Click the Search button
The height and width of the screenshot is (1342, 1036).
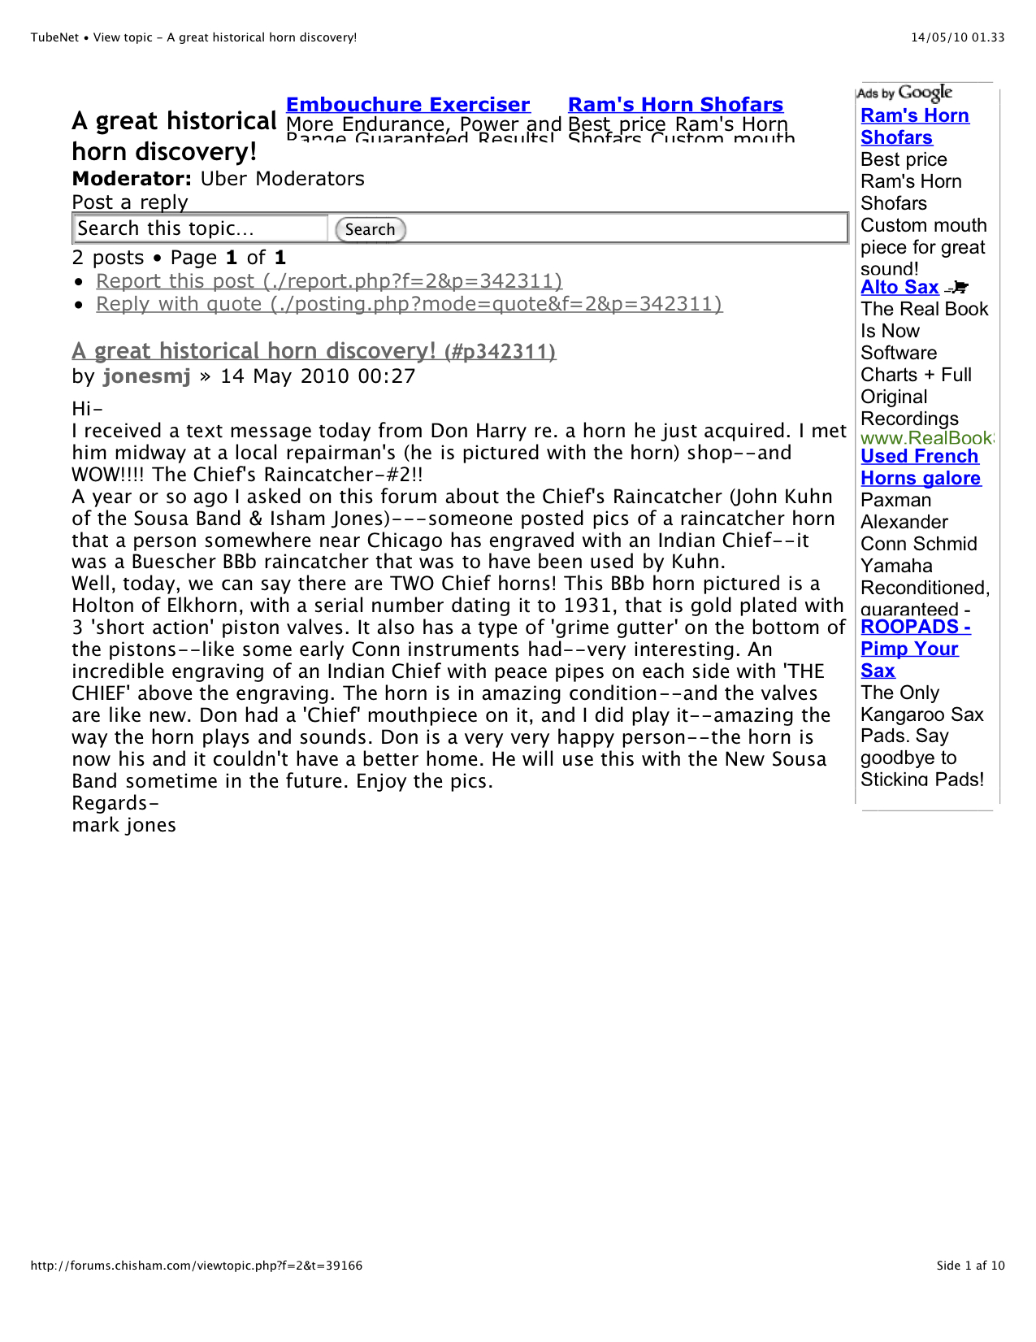370,230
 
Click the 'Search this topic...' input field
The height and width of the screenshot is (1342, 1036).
201,229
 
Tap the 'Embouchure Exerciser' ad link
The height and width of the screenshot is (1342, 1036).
408,105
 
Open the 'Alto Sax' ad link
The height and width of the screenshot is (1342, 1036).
899,288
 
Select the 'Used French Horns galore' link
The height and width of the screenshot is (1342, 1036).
920,467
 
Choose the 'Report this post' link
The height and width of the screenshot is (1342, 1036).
328,281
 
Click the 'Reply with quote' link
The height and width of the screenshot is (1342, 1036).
408,304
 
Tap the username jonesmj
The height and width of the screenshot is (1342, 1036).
146,376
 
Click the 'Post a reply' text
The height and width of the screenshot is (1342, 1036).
130,202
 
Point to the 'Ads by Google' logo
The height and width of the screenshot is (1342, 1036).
904,93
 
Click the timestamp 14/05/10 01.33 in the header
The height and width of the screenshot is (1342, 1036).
957,37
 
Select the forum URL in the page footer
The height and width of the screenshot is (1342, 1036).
197,1266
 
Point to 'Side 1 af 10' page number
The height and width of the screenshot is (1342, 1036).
970,1266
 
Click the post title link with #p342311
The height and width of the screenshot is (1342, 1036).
314,351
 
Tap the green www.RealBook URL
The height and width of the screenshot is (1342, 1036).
926,438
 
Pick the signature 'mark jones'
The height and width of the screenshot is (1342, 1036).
124,826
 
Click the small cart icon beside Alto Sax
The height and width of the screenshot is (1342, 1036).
957,287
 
